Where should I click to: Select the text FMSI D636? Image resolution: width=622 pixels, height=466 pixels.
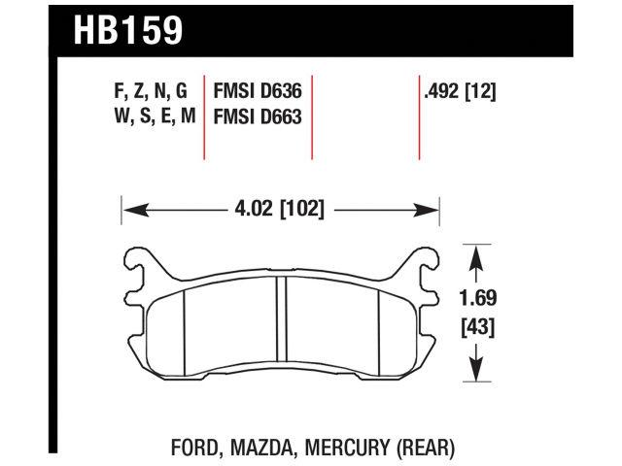[257, 94]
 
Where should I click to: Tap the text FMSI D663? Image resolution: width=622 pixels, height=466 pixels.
[257, 117]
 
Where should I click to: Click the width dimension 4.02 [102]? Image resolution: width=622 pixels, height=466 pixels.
[280, 208]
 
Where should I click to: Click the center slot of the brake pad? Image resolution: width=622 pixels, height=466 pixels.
[280, 320]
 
